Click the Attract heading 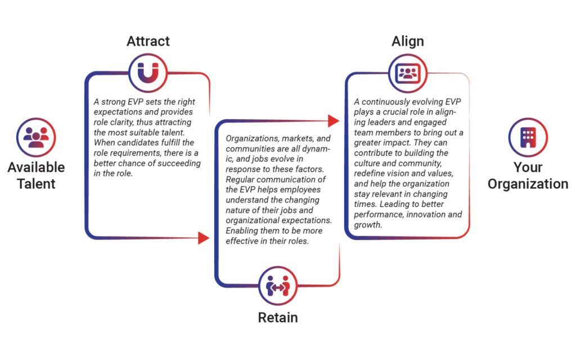tap(148, 41)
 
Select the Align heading tap(408, 42)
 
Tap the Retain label tap(278, 317)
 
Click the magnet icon tap(148, 73)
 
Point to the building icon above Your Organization tap(528, 137)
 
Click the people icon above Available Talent tap(36, 137)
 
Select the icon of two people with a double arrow tap(278, 286)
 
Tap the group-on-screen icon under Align tap(408, 74)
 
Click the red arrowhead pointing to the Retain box tap(204, 238)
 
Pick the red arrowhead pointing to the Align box tap(334, 120)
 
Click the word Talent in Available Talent tap(36, 184)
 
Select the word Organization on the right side tap(528, 184)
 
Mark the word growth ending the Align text tap(368, 225)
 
